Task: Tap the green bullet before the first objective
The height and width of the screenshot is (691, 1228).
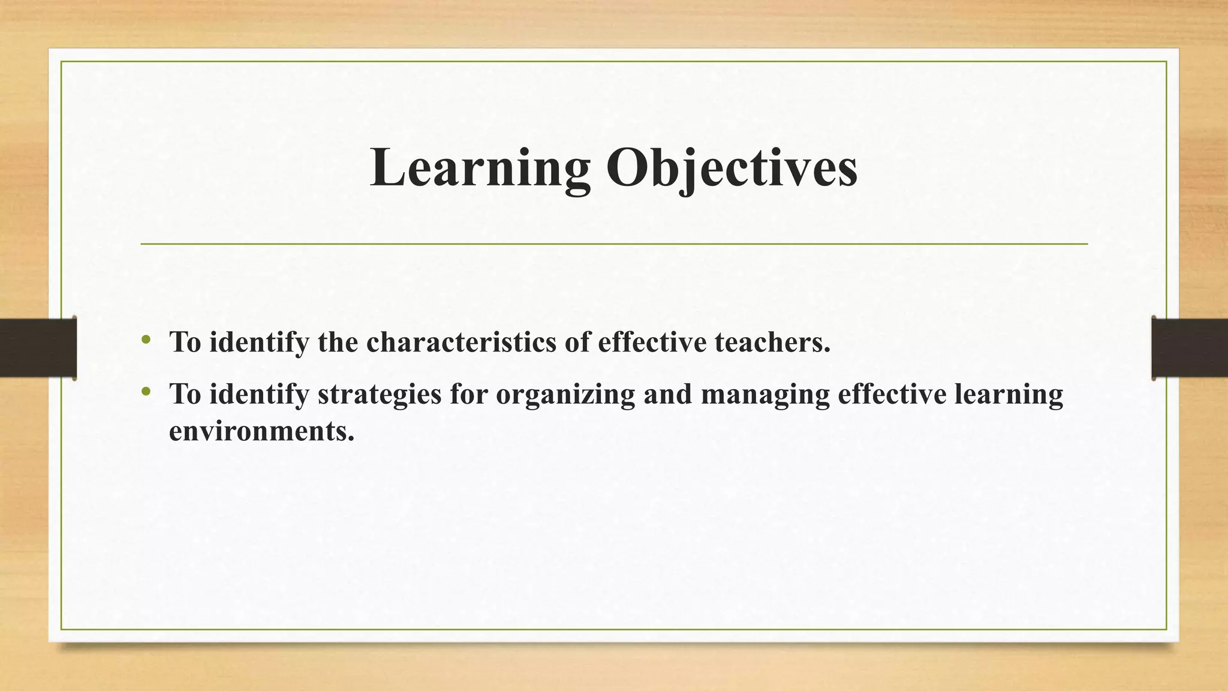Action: click(x=146, y=340)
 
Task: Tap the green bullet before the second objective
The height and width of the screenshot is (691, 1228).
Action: click(x=146, y=392)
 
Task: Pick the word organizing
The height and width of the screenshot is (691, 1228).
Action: click(x=565, y=395)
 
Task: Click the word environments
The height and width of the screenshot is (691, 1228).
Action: click(x=261, y=431)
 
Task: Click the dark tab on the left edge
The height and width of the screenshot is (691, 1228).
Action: click(x=38, y=348)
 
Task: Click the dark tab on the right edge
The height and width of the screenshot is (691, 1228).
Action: click(x=1190, y=348)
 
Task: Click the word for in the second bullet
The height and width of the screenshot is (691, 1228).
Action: click(x=469, y=395)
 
